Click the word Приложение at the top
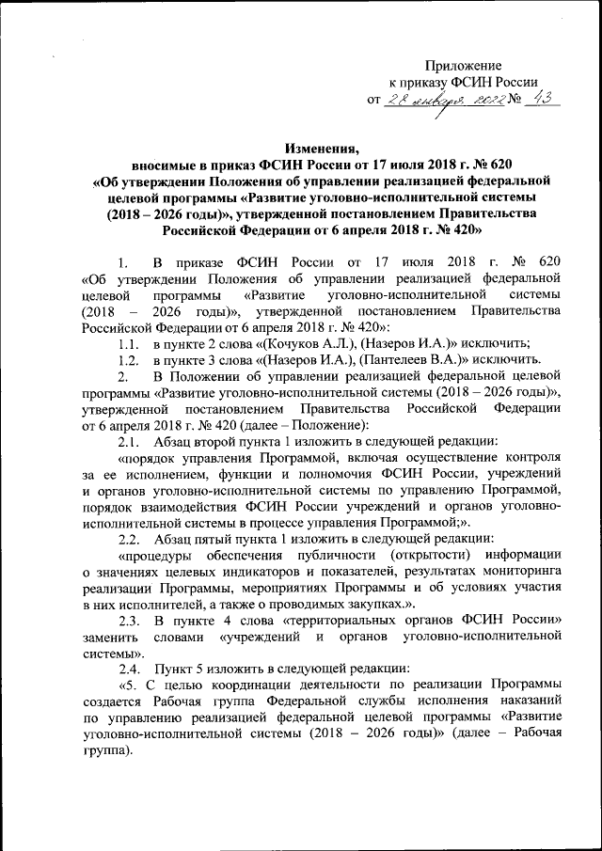click(x=463, y=65)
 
